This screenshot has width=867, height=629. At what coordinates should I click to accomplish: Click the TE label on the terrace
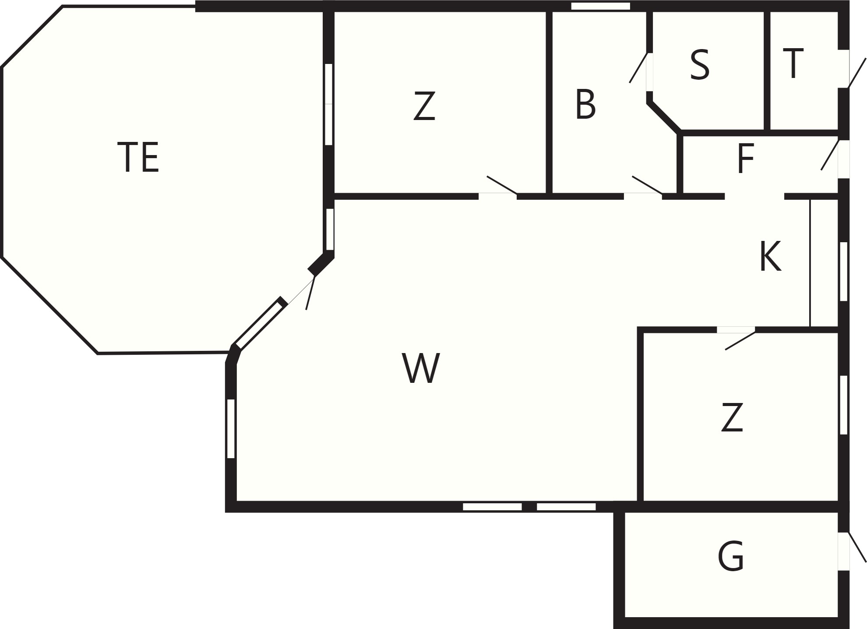tap(138, 157)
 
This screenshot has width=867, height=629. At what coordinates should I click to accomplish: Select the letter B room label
tap(585, 104)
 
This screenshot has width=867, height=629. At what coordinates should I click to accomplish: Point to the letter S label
tap(699, 65)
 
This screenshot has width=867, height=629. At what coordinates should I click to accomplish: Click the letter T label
tap(793, 64)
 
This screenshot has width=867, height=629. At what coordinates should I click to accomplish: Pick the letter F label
tap(746, 159)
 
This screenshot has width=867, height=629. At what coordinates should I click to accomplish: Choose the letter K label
tap(770, 257)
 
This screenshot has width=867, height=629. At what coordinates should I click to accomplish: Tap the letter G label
tap(731, 556)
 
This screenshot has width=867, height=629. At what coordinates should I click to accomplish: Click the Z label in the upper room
tap(424, 106)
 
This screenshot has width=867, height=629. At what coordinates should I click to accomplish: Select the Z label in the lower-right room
tap(732, 417)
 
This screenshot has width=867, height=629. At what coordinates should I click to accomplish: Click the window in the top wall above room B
tap(600, 6)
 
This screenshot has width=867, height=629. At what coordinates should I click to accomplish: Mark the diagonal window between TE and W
tap(258, 324)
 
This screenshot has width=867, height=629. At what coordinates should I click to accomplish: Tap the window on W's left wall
tap(231, 428)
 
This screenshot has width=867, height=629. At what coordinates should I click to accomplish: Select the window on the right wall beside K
tap(843, 272)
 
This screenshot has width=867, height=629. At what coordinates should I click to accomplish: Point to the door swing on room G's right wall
tap(857, 548)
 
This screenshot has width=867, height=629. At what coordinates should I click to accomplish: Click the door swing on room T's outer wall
tap(857, 73)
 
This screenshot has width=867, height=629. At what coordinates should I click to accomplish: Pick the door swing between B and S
tap(638, 67)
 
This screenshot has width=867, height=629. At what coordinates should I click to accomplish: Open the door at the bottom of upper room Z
tap(502, 185)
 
